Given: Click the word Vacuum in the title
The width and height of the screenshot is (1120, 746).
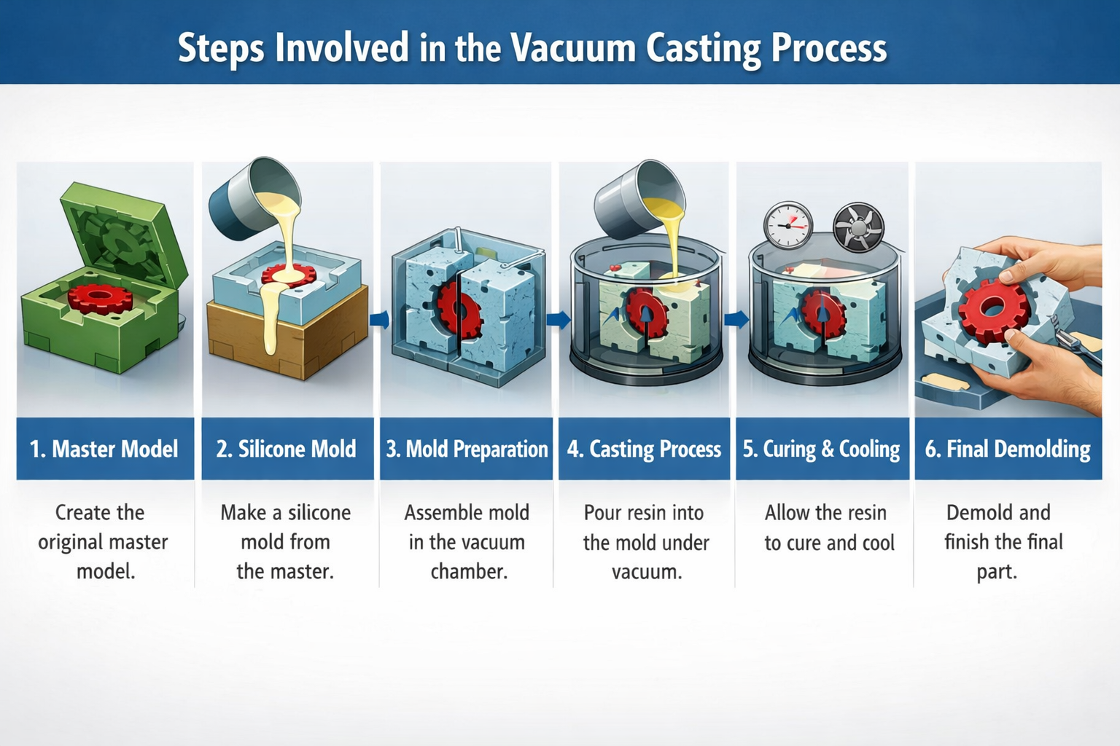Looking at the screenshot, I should [572, 48].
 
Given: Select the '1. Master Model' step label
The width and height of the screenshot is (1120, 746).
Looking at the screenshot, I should [104, 449].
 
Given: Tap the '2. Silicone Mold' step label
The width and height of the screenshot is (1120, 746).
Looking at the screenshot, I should [287, 449].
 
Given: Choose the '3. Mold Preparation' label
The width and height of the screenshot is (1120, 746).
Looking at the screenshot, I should [467, 449].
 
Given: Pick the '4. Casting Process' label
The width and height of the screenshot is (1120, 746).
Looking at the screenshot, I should [644, 449].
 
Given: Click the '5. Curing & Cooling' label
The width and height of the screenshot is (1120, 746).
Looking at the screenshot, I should [822, 449].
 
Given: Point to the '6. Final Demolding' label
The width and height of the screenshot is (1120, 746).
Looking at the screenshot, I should [1008, 449].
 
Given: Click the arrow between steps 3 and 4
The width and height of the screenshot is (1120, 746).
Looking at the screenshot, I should [558, 319].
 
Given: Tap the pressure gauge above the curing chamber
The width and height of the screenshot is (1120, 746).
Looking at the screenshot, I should [788, 224].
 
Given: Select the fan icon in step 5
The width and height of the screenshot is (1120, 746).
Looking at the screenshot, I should [858, 227].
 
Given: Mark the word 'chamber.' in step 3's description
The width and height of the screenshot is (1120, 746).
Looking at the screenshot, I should [469, 571].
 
